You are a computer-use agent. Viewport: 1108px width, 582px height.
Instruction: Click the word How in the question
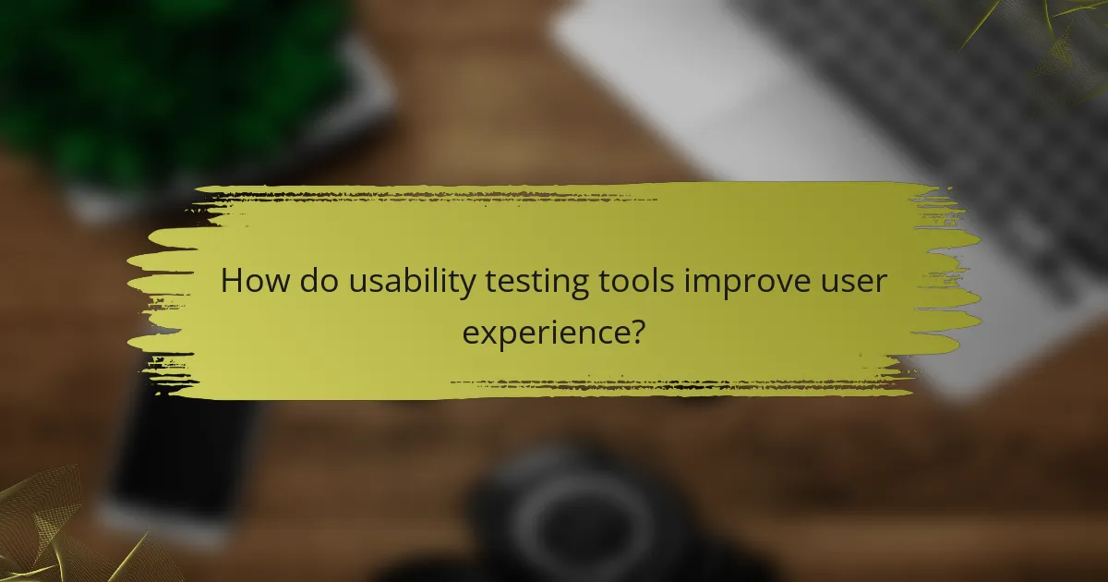(x=252, y=281)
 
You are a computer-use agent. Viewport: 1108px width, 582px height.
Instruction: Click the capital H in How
(x=232, y=281)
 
